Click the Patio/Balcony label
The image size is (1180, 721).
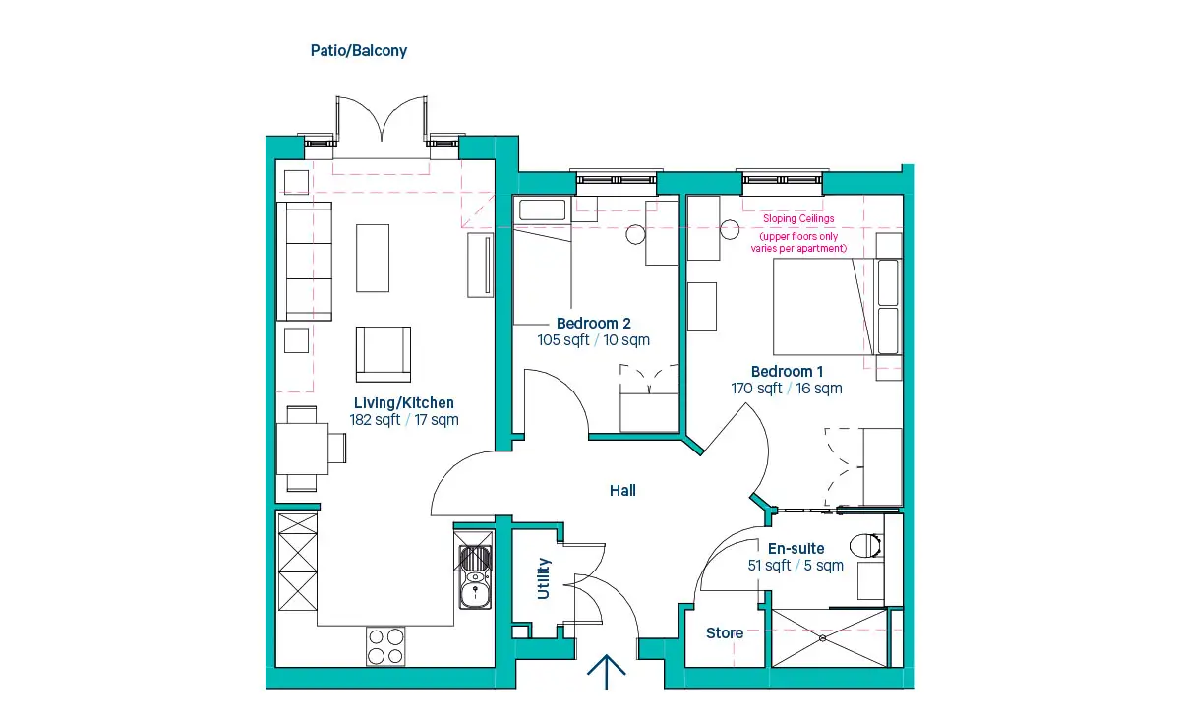[x=359, y=51]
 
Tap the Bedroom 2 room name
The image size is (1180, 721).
[x=593, y=323]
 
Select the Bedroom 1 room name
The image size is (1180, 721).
[x=787, y=372]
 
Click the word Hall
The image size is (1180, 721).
[x=622, y=491]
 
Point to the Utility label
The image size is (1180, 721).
[x=543, y=578]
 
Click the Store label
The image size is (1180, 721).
[x=725, y=633]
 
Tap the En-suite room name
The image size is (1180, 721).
[x=796, y=549]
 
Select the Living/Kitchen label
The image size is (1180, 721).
[x=403, y=403]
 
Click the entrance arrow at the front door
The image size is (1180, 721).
[x=607, y=672]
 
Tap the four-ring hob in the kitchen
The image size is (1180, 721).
[x=385, y=646]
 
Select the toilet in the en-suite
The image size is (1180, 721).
[x=866, y=546]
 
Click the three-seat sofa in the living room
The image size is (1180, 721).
[x=305, y=262]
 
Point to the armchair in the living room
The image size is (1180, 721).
[x=383, y=354]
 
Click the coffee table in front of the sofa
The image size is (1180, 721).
[x=373, y=259]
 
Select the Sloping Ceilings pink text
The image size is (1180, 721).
[x=798, y=218]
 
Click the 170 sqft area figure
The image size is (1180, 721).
[x=756, y=389]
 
